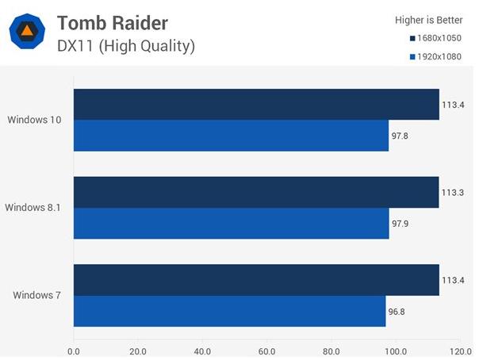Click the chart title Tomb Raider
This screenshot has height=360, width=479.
pos(113,21)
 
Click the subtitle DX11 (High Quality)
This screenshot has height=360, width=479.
pos(126,46)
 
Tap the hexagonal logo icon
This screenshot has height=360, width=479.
pos(27,32)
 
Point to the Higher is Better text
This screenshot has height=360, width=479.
pos(429,20)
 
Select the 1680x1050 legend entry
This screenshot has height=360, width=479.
pos(436,38)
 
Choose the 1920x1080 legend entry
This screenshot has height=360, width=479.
pos(436,57)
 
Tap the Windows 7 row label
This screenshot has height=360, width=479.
pos(36,296)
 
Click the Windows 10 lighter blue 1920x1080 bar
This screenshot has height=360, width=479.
pos(231,136)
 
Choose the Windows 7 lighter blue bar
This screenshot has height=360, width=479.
pos(229,311)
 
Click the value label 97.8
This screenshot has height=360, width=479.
pos(400,136)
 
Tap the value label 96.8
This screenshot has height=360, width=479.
pos(397,311)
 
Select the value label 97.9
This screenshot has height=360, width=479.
pos(400,224)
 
